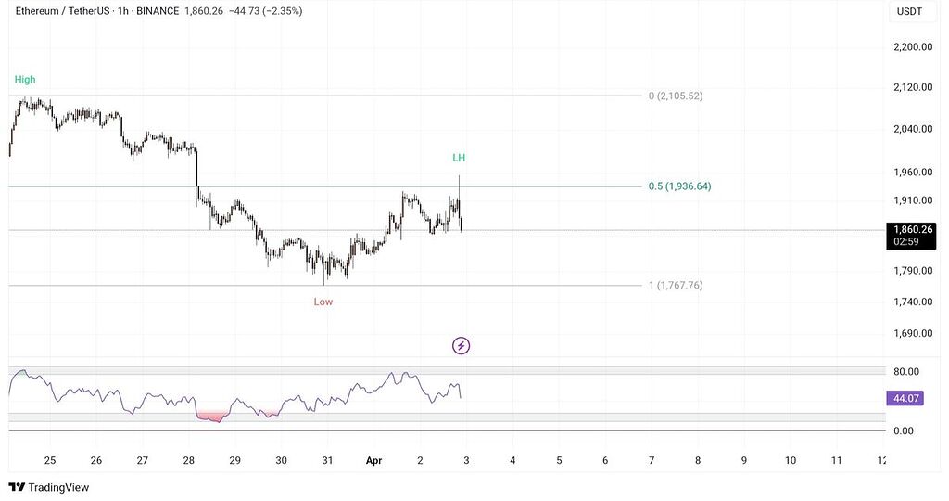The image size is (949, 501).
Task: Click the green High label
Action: pos(25,80)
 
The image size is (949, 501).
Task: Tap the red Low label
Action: pos(323,302)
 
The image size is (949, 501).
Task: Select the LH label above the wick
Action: pos(459,158)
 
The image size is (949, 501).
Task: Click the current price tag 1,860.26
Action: pos(913,229)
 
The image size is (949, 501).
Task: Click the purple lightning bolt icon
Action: pos(461,346)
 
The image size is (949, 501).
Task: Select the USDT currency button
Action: pos(908,11)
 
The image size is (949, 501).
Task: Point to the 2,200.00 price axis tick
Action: pos(912,46)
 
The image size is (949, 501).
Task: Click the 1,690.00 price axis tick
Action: pos(912,333)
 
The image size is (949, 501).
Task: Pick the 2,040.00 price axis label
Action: pos(912,129)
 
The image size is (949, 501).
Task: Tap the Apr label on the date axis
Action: pos(373,460)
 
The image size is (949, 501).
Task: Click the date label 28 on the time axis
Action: pos(189,460)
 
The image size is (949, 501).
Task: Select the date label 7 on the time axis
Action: pos(651,460)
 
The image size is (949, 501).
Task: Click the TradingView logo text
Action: pos(58,487)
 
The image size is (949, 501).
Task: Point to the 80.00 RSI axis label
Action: pos(905,371)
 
